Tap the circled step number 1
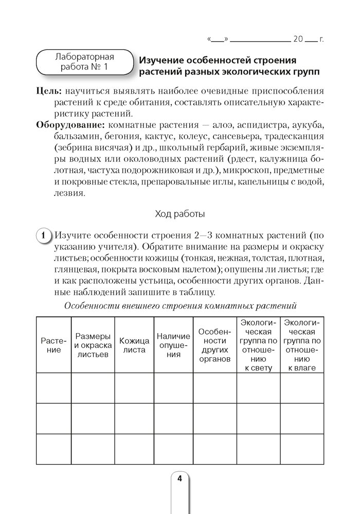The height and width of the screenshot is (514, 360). [x=44, y=236]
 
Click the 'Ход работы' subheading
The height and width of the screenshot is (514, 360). [x=179, y=213]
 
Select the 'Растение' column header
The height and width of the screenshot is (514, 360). [x=53, y=345]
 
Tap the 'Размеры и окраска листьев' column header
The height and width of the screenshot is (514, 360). [x=93, y=345]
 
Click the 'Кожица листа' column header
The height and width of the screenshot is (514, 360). [x=134, y=345]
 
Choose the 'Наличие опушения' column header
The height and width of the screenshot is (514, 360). [x=173, y=345]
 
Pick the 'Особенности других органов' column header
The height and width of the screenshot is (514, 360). [x=214, y=345]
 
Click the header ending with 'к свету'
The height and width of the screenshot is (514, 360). [x=258, y=345]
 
